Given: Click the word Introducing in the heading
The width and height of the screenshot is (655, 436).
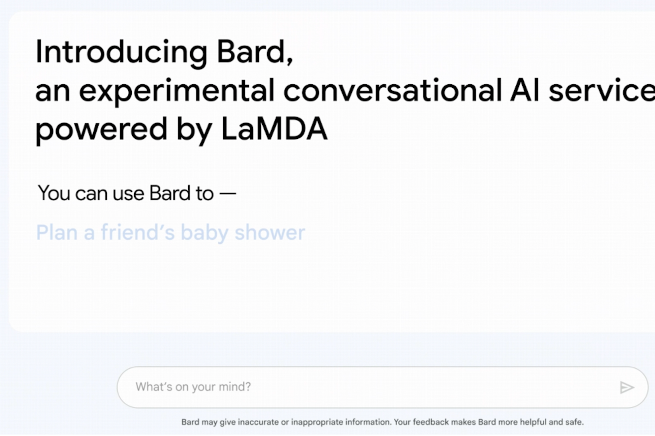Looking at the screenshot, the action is point(121,52).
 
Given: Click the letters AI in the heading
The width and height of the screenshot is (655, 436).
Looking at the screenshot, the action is point(525,90).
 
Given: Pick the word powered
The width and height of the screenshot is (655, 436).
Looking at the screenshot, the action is point(102,131).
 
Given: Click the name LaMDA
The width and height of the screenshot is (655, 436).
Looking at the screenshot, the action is point(274,129).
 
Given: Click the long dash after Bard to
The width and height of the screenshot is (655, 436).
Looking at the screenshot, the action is point(228,193).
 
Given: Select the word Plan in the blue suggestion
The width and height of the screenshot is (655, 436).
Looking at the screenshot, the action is point(57,233).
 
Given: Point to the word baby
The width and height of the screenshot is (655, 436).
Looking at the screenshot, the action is point(204,233).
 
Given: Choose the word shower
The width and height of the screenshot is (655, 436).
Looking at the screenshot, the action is point(270,233).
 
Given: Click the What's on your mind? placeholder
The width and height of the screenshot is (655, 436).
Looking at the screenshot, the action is point(193,387).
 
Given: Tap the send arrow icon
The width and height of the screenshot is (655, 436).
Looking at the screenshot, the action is point(627,388).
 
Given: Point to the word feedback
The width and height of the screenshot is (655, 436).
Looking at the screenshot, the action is point(430,422).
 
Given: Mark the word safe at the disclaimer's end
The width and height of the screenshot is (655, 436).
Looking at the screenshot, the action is point(575,422).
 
